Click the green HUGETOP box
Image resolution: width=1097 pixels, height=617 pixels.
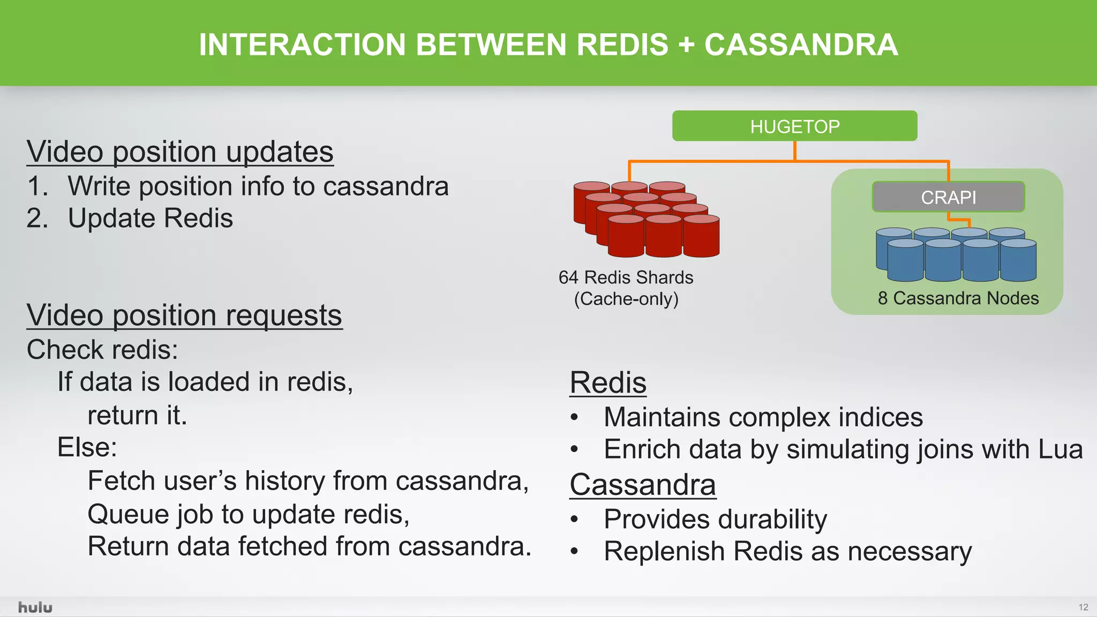[x=794, y=126]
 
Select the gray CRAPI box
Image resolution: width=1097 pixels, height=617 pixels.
[x=948, y=197]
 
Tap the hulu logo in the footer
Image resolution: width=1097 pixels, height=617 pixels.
[x=35, y=607]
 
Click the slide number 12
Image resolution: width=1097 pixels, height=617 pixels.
[x=1083, y=607]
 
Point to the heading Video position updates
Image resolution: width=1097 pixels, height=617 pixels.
[x=180, y=152]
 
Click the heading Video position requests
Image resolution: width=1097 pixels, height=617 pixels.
[x=184, y=315]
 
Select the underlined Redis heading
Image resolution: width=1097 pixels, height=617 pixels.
[x=608, y=382]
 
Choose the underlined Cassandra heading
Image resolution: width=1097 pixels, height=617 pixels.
[x=642, y=485]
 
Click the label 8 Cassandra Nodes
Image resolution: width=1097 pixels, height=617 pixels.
[x=958, y=298]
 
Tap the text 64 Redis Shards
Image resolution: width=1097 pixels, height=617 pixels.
[x=626, y=277]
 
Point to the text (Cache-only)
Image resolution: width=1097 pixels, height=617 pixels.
[x=626, y=299]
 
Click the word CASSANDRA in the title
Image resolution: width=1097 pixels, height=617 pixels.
[x=801, y=44]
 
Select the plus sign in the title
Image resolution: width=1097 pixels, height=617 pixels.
[x=686, y=44]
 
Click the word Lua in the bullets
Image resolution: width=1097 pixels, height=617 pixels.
[x=1060, y=449]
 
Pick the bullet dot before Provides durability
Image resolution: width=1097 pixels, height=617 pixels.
[x=575, y=519]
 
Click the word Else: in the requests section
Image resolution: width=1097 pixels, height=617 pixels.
[x=87, y=447]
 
